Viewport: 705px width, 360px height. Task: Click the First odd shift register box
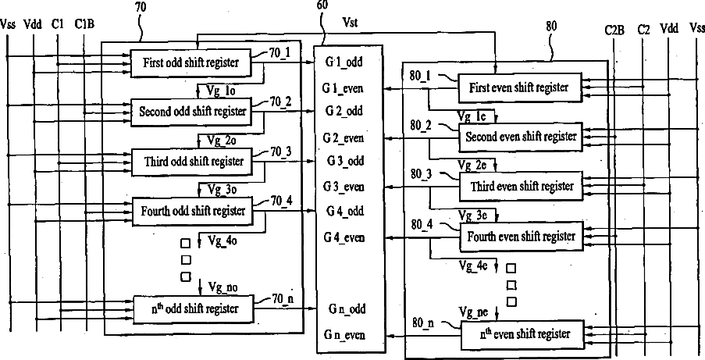pos(191,62)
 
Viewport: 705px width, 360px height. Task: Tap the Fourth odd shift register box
pos(192,211)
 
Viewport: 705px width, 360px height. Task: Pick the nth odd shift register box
pos(194,308)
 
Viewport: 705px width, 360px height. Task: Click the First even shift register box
pos(519,87)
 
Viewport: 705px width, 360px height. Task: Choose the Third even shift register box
pos(521,186)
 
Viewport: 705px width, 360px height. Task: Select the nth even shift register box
pos(523,335)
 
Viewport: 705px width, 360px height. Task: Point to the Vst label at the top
pos(351,23)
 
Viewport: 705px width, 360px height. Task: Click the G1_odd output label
pos(344,62)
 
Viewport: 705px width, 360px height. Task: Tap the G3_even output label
pos(344,187)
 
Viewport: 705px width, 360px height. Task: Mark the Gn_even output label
pos(345,335)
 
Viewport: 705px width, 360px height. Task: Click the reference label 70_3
pos(280,152)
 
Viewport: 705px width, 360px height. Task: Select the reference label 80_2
pos(420,126)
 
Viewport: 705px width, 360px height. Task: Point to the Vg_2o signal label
pos(222,141)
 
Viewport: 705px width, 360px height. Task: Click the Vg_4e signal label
pos(473,266)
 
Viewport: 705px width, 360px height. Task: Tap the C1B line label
pos(84,24)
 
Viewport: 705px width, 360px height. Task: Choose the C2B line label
pos(614,30)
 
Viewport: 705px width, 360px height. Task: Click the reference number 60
pos(322,5)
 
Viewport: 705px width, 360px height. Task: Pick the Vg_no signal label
pos(223,287)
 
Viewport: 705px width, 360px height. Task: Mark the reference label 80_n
pos(423,323)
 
